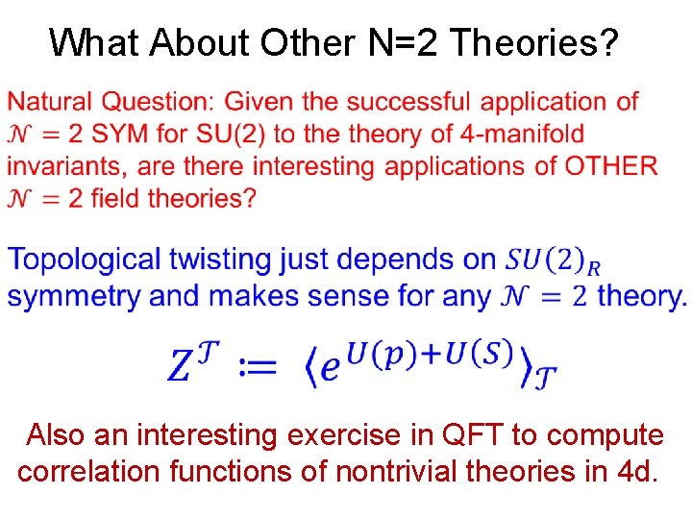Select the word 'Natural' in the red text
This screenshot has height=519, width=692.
(x=51, y=101)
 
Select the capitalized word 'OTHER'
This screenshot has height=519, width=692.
(x=611, y=166)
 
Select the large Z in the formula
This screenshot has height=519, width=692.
(x=183, y=365)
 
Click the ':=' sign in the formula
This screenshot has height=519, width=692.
(x=258, y=366)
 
